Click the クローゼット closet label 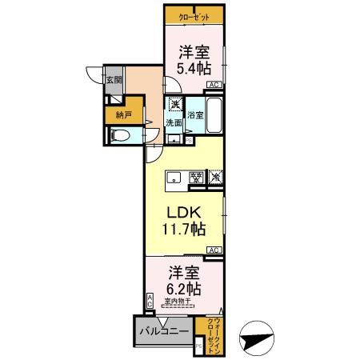tap(194, 15)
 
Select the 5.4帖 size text tap(194, 70)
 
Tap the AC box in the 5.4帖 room tap(214, 84)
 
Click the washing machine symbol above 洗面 tap(174, 105)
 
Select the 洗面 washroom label tap(174, 122)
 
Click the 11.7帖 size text tap(185, 230)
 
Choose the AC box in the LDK tap(214, 250)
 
